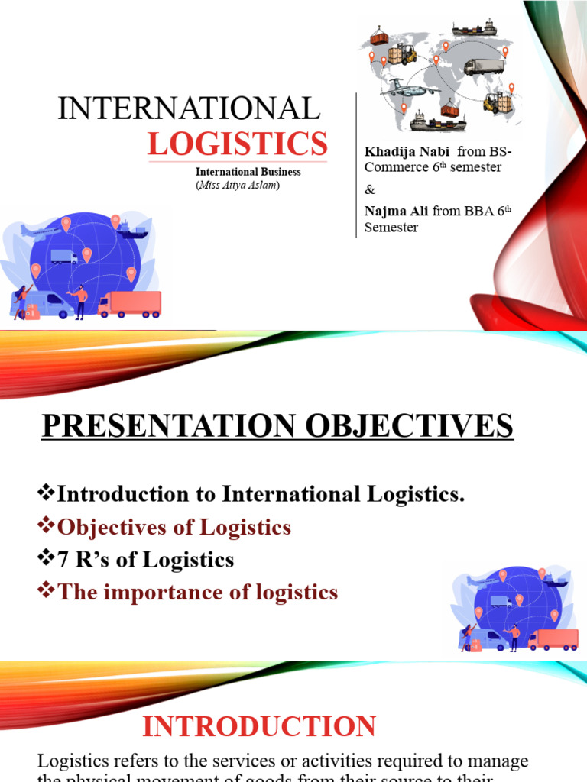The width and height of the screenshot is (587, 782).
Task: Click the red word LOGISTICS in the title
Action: [x=237, y=143]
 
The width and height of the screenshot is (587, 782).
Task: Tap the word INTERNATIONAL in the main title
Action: [x=189, y=109]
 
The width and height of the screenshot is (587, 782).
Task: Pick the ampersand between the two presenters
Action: [x=370, y=189]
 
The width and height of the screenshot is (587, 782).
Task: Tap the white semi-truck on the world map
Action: [x=484, y=67]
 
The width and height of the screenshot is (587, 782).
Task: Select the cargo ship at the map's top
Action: [x=474, y=29]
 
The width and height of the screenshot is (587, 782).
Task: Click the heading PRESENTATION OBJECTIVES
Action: [x=277, y=426]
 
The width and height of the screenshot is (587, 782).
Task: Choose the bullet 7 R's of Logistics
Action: [x=145, y=560]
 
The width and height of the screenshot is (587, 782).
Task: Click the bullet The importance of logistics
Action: [x=196, y=592]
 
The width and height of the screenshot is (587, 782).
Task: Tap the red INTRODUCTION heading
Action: [x=259, y=726]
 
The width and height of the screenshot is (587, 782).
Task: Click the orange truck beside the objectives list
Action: [x=553, y=639]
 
